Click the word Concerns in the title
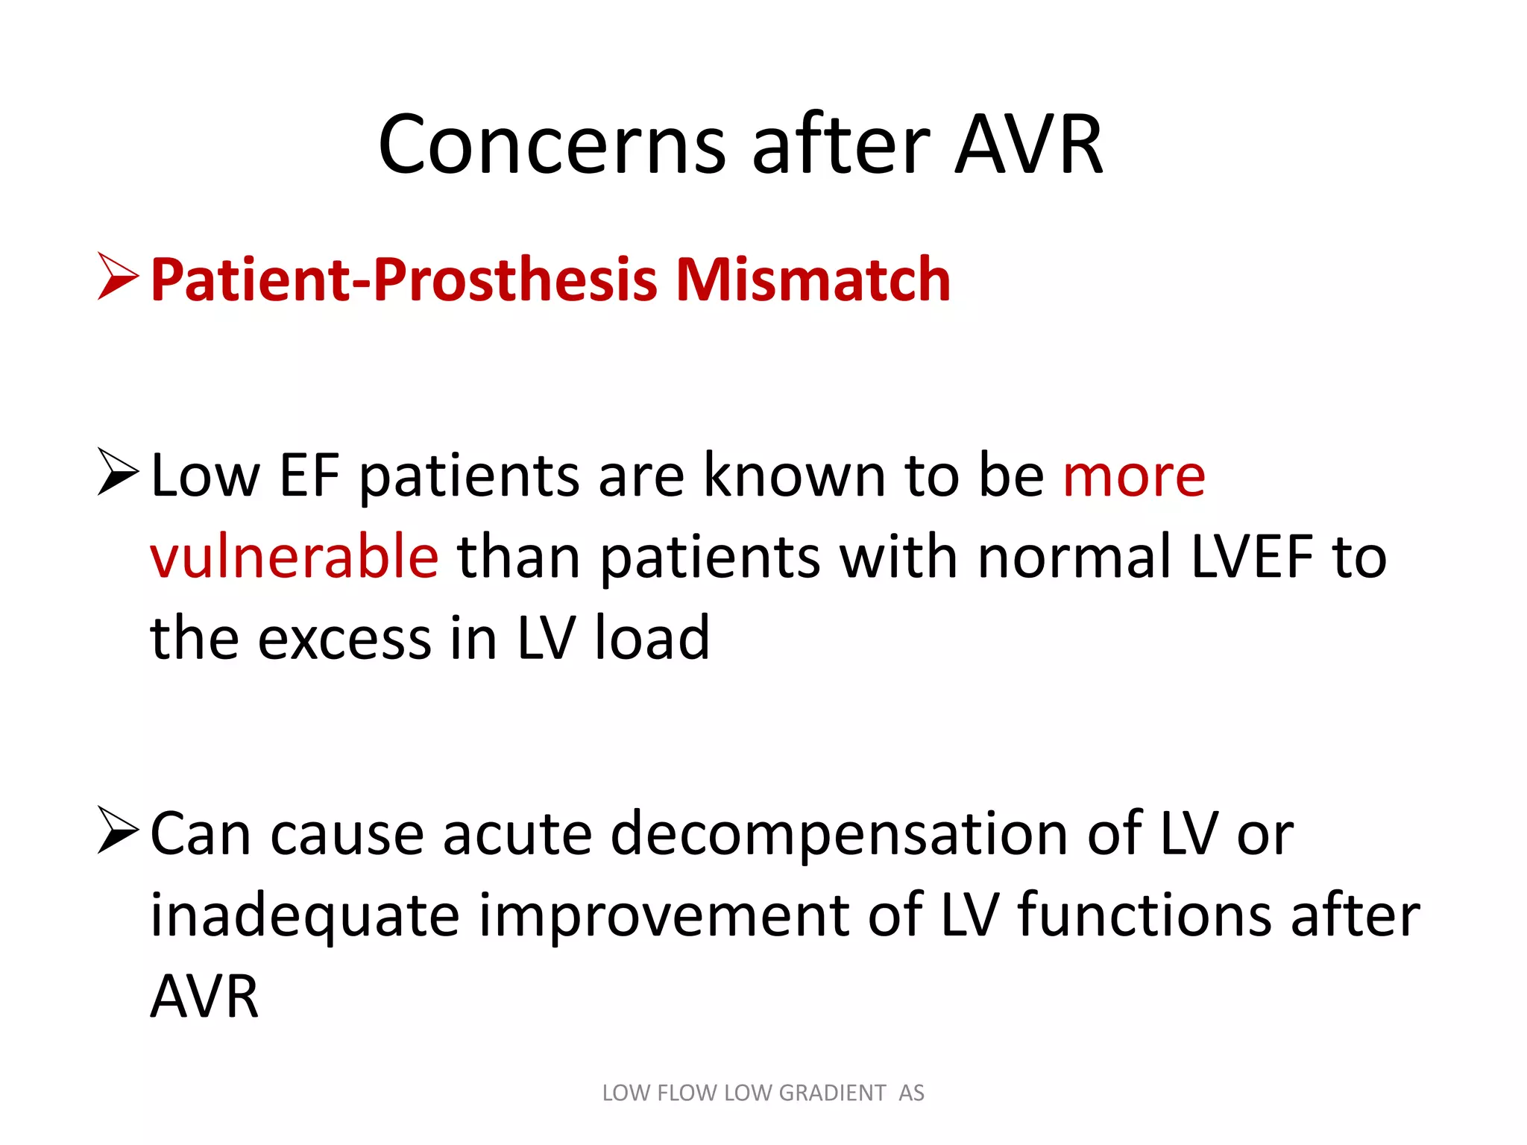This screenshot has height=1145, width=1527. [x=552, y=145]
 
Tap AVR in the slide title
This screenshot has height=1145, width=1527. [x=1028, y=145]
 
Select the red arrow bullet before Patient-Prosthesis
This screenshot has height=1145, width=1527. [x=118, y=277]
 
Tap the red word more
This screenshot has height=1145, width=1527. [x=1133, y=477]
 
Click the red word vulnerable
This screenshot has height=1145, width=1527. [x=295, y=557]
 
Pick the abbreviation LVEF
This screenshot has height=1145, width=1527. [x=1252, y=557]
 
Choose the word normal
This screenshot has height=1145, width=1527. [x=1074, y=557]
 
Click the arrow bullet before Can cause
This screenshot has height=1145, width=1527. [x=118, y=831]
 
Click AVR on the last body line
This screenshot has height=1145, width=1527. [x=204, y=997]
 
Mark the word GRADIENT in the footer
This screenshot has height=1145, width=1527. [x=832, y=1093]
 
